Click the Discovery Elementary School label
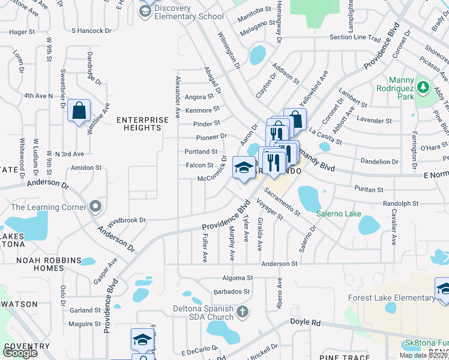click(x=189, y=12)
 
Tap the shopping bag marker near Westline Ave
click(x=79, y=111)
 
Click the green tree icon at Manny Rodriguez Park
click(x=423, y=87)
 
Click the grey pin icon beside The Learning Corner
click(x=95, y=207)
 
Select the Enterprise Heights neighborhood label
click(x=143, y=124)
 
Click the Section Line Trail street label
click(x=355, y=38)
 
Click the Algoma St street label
click(x=237, y=278)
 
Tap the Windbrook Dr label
click(x=127, y=220)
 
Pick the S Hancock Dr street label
click(x=91, y=29)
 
